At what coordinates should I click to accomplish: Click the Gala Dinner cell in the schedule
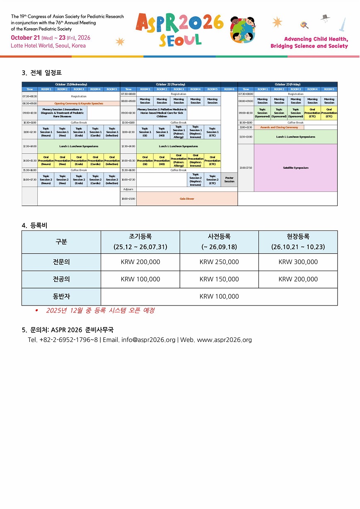187,199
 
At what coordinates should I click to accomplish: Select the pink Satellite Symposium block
295,168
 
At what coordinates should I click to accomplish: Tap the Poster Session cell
229,179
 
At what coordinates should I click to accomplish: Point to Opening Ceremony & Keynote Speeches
79,103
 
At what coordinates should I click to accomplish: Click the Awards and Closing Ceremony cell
279,127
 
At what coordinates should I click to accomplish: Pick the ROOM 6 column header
229,89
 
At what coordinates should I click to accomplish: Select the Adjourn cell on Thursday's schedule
128,189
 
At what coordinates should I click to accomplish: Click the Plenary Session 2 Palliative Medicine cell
162,113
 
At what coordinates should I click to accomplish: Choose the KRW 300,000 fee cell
298,262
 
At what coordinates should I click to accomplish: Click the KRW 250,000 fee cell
219,262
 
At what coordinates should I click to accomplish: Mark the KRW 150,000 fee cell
219,279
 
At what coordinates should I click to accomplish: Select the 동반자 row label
61,296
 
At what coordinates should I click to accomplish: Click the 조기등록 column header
140,237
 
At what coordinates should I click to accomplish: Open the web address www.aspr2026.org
224,340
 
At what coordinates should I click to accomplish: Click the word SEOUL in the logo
180,39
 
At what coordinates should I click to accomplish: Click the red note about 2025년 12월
101,310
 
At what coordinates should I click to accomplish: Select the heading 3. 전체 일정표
41,73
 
